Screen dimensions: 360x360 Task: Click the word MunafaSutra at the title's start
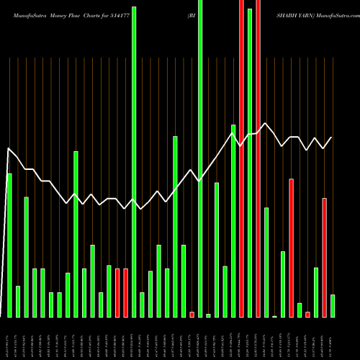25,14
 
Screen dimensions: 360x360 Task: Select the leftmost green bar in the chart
9,245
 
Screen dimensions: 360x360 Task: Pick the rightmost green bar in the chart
333,305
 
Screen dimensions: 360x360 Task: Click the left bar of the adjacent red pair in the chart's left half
117,292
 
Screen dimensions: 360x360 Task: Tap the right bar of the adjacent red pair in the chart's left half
125,292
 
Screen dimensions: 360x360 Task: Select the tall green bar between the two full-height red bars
249,163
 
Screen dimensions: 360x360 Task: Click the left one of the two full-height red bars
241,158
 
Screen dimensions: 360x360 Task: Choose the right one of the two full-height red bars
258,158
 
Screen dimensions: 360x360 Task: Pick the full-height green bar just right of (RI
200,158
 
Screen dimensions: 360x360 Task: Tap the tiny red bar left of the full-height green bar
192,314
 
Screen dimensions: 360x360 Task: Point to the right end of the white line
332,137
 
